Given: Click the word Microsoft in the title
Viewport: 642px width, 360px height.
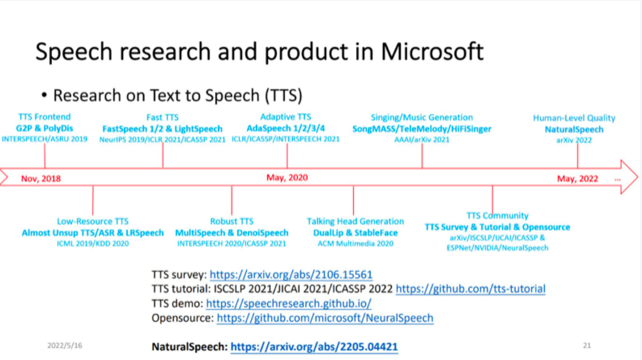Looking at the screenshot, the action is [x=432, y=52].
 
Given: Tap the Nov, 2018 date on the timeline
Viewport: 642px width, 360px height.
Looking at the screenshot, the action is [x=41, y=179].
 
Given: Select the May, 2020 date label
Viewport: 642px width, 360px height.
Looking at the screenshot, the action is [x=287, y=177].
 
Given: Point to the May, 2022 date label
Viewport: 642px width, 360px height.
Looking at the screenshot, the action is [x=577, y=179].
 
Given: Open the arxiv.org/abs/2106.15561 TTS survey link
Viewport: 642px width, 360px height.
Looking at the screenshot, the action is [x=291, y=275].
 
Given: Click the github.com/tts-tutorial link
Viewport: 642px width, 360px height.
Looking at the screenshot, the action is [x=470, y=289].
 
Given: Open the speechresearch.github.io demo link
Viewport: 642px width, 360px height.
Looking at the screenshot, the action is [x=288, y=303].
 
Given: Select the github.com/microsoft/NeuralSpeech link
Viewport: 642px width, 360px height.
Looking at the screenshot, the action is [x=325, y=318].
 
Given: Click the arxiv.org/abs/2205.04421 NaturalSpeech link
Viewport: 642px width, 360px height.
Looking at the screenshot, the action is [x=314, y=347].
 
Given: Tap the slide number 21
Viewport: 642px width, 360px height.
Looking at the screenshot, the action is [x=587, y=345].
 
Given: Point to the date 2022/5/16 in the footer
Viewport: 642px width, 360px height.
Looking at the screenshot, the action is [x=65, y=345].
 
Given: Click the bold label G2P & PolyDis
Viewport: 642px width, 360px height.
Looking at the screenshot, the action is [x=45, y=128].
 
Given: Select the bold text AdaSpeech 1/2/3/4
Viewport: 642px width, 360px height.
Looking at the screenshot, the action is [x=286, y=128].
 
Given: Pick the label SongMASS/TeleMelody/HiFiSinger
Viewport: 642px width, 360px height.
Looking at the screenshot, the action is [x=422, y=129].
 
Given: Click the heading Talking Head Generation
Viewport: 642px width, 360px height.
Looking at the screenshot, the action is [x=356, y=221].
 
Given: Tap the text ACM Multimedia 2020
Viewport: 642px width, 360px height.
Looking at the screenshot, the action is [x=356, y=244].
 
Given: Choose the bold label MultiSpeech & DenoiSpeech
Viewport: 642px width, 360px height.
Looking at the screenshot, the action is [x=232, y=233].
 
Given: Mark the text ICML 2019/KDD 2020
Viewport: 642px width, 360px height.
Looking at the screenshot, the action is [x=93, y=244].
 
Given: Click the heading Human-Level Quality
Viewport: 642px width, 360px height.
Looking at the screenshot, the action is [x=574, y=118].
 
